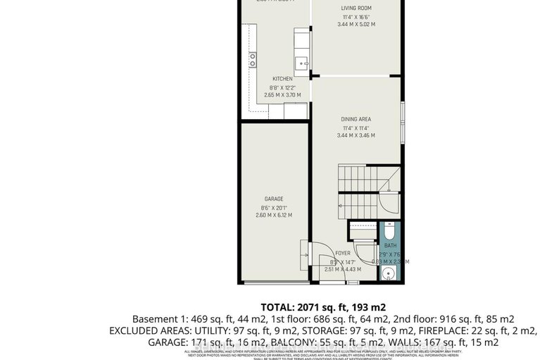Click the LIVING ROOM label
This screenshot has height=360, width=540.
click(x=356, y=8)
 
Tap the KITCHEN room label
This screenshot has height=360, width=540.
click(x=283, y=79)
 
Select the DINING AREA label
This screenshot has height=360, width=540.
click(x=356, y=119)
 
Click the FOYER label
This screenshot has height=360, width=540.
click(x=343, y=253)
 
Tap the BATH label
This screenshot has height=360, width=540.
click(x=389, y=245)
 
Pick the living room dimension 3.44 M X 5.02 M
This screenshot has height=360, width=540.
click(x=356, y=25)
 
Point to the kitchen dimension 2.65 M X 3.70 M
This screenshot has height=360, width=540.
click(x=282, y=95)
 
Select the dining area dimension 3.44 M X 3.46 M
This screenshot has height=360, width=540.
click(x=356, y=135)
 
